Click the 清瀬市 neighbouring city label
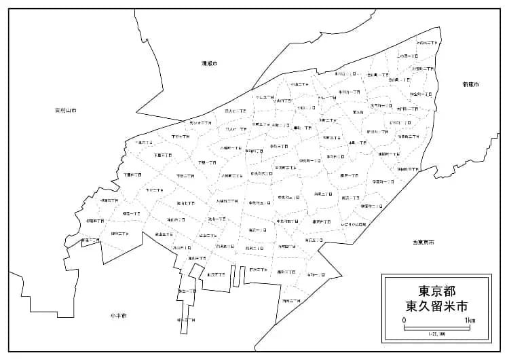(209, 63)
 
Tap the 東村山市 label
(66, 110)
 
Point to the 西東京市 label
(423, 242)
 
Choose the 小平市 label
(119, 316)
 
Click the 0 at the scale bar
(404, 320)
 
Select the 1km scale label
(470, 320)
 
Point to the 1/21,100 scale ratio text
(437, 334)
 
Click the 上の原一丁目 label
(408, 56)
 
